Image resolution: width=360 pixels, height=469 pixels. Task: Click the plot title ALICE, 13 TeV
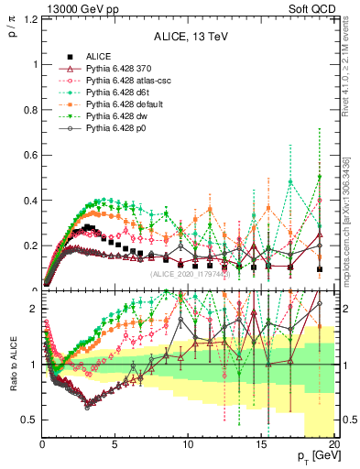point(189,38)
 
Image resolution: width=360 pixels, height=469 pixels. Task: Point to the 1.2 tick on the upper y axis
point(29,19)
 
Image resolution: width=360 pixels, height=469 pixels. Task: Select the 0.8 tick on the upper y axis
point(29,110)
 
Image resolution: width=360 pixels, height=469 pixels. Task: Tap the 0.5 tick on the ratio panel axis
point(29,420)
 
